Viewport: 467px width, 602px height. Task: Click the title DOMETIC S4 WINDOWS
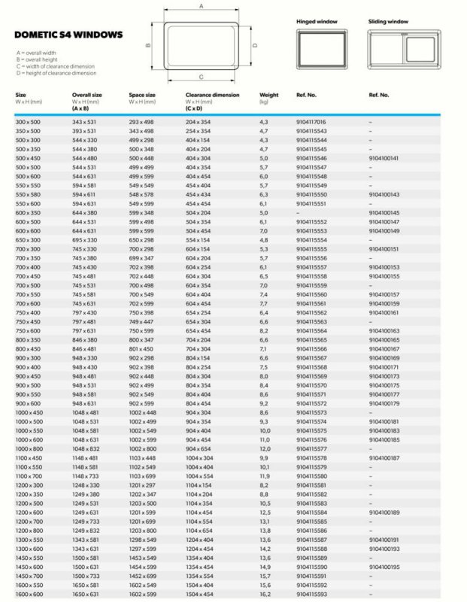pos(68,35)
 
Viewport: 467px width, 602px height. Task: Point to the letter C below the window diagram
pos(201,78)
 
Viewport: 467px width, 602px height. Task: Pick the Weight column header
pos(268,95)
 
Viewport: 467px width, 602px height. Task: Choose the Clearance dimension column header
pos(212,95)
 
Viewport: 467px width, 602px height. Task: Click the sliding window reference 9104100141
pos(384,159)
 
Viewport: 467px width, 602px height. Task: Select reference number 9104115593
pos(311,594)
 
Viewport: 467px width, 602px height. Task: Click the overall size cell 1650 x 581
pos(85,585)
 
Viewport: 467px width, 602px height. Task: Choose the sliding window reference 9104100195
pos(384,566)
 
